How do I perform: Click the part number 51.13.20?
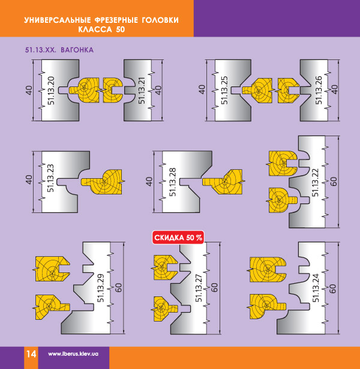[51, 91]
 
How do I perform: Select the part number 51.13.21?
[142, 91]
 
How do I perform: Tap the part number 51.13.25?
[224, 90]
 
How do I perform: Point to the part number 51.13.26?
[319, 90]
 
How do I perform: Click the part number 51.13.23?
[50, 178]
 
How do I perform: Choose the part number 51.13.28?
[172, 182]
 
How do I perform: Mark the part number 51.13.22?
[315, 182]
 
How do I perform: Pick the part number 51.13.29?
[101, 288]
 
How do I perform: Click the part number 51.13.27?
[199, 288]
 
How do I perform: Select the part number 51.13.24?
[316, 288]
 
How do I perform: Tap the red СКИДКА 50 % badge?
[178, 238]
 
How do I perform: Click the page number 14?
[31, 354]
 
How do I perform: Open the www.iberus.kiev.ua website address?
[73, 354]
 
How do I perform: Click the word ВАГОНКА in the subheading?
[77, 50]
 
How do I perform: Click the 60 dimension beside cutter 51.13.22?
[334, 181]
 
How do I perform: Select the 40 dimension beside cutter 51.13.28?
[149, 181]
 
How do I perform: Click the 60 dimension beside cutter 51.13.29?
[119, 287]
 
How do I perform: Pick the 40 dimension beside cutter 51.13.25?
[202, 89]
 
